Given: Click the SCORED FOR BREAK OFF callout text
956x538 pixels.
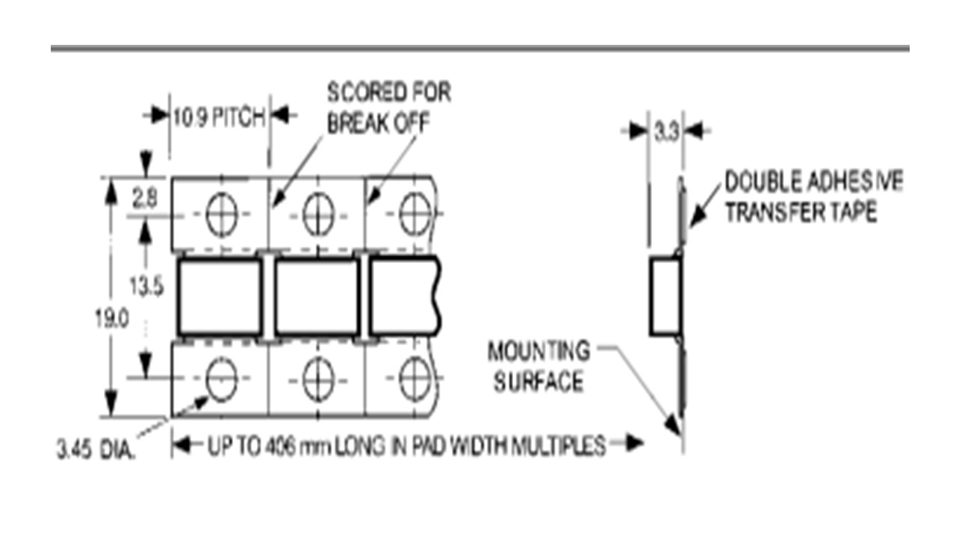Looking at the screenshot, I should click(389, 108).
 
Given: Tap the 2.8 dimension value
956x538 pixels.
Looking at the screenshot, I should click(146, 200).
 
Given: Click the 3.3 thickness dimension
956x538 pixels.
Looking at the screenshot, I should click(665, 133).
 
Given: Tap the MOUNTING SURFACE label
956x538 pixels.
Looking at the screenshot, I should click(538, 366).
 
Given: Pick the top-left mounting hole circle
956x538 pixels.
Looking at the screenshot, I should click(222, 214).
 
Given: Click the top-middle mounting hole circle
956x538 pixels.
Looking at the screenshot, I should click(317, 214).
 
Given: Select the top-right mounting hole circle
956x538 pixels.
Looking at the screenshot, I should click(413, 214).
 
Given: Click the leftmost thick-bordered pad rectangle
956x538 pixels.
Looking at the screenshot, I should click(220, 297).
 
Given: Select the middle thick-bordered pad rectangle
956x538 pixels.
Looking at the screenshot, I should click(316, 297).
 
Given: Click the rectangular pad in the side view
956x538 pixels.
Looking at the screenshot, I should click(665, 297).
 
